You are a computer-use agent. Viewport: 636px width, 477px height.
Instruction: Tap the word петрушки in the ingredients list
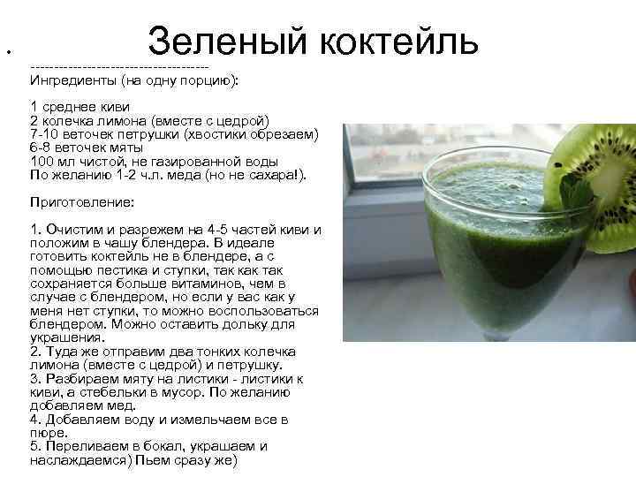146,134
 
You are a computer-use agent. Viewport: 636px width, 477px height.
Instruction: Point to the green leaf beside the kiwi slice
575,194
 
